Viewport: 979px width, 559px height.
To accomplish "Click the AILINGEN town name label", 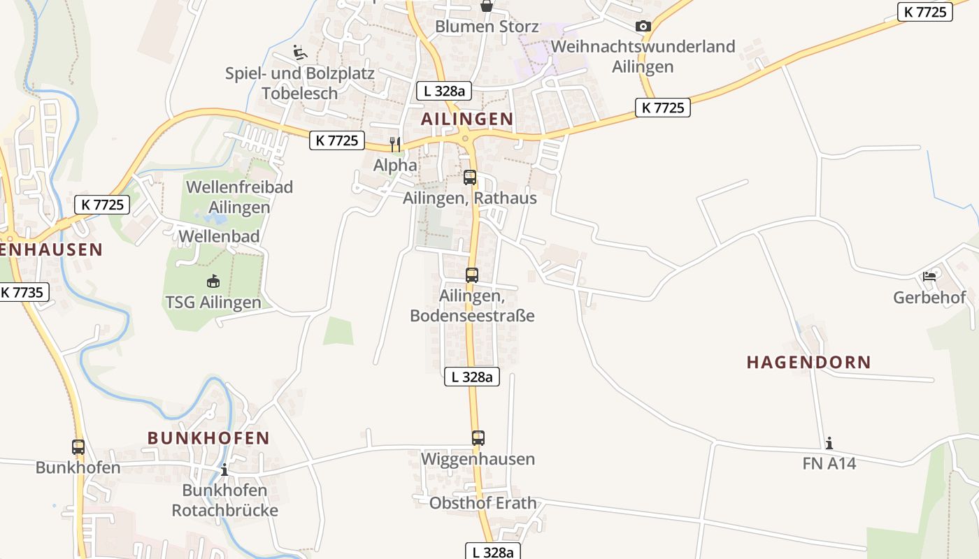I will [x=467, y=119].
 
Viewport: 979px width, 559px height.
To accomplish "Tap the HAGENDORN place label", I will [x=808, y=362].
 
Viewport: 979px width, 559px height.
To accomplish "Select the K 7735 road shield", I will [x=23, y=292].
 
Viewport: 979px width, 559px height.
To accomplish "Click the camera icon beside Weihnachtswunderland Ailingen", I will [x=643, y=27].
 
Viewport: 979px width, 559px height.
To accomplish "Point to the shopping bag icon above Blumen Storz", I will [x=487, y=6].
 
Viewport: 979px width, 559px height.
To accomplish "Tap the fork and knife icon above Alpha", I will [x=396, y=145].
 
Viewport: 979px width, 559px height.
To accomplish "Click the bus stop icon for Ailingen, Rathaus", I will [x=470, y=177].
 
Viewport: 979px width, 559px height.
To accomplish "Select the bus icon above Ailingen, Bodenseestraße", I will [x=472, y=275].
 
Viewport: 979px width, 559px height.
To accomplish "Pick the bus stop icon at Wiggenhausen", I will [x=478, y=438].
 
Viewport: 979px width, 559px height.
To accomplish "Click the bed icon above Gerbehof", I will [x=929, y=277].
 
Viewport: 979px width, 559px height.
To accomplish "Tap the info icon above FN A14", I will [x=829, y=443].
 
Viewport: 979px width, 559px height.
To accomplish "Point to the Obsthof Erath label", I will [x=483, y=503].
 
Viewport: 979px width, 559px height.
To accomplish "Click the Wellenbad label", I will [x=219, y=236].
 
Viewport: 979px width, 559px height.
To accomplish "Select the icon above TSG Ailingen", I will [x=213, y=282].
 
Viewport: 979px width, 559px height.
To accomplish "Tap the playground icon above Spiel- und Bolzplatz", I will [x=299, y=52].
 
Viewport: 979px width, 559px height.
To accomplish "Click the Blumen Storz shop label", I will [x=487, y=27].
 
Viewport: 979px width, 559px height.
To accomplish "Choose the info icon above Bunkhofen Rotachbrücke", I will [x=224, y=469].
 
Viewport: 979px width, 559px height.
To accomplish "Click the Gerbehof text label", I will [x=929, y=298].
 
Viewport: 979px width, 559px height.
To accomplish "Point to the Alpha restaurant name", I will [x=395, y=166].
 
